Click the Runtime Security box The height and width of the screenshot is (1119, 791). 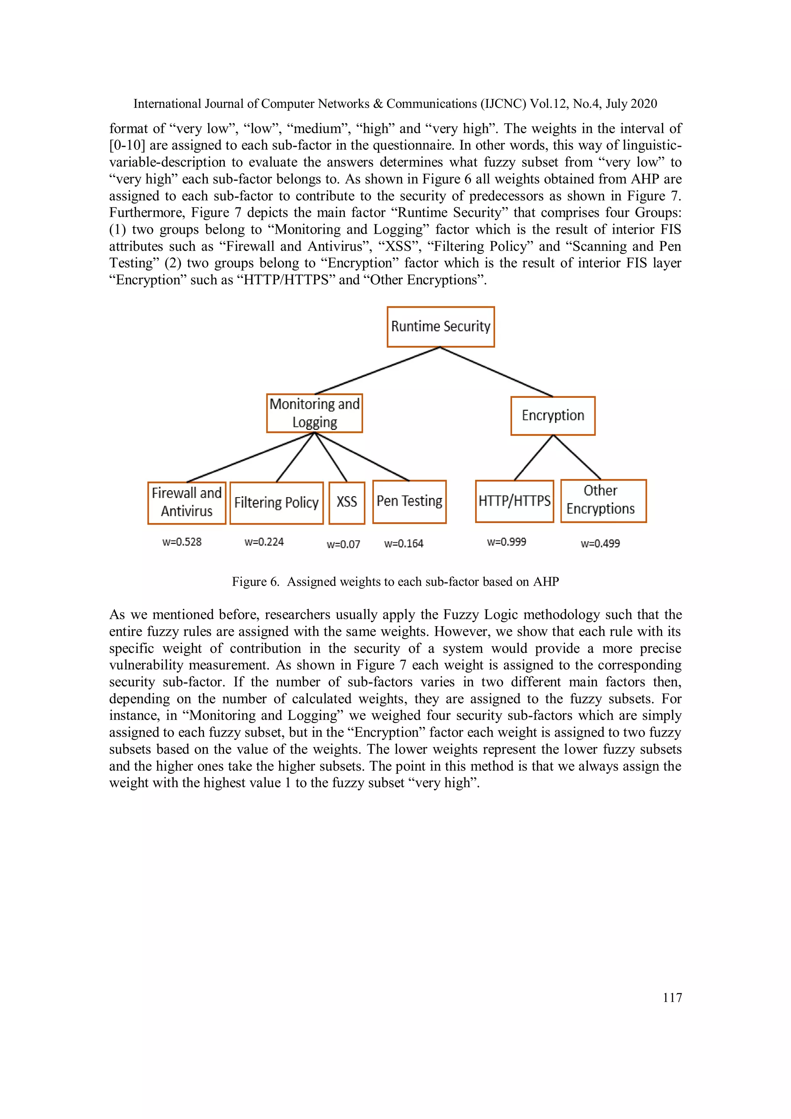pyautogui.click(x=441, y=326)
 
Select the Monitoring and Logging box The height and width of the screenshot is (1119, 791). pyautogui.click(x=314, y=413)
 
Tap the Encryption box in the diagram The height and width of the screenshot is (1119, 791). pyautogui.click(x=553, y=415)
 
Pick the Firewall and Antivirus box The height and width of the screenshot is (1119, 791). pyautogui.click(x=187, y=503)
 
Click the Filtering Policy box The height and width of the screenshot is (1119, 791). pyautogui.click(x=276, y=503)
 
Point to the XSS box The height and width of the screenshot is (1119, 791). pyautogui.click(x=346, y=503)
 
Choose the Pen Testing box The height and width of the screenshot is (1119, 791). pyautogui.click(x=409, y=501)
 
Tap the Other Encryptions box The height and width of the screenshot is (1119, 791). pyautogui.click(x=603, y=501)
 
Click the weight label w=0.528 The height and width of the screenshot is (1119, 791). pyautogui.click(x=182, y=542)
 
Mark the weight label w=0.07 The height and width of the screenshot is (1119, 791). pyautogui.click(x=343, y=544)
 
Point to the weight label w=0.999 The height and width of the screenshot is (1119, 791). pyautogui.click(x=506, y=542)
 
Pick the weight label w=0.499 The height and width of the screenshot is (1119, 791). pyautogui.click(x=600, y=543)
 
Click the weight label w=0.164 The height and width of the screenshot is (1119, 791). pyautogui.click(x=404, y=543)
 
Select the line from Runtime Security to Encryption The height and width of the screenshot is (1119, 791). pyautogui.click(x=497, y=372)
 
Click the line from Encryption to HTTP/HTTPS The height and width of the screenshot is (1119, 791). pyautogui.click(x=534, y=457)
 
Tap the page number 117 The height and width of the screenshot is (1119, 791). pyautogui.click(x=672, y=998)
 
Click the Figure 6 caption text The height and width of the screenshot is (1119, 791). pyautogui.click(x=395, y=581)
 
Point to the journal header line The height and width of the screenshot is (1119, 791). pyautogui.click(x=395, y=104)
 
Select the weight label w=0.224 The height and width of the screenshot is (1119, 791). pyautogui.click(x=264, y=542)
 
